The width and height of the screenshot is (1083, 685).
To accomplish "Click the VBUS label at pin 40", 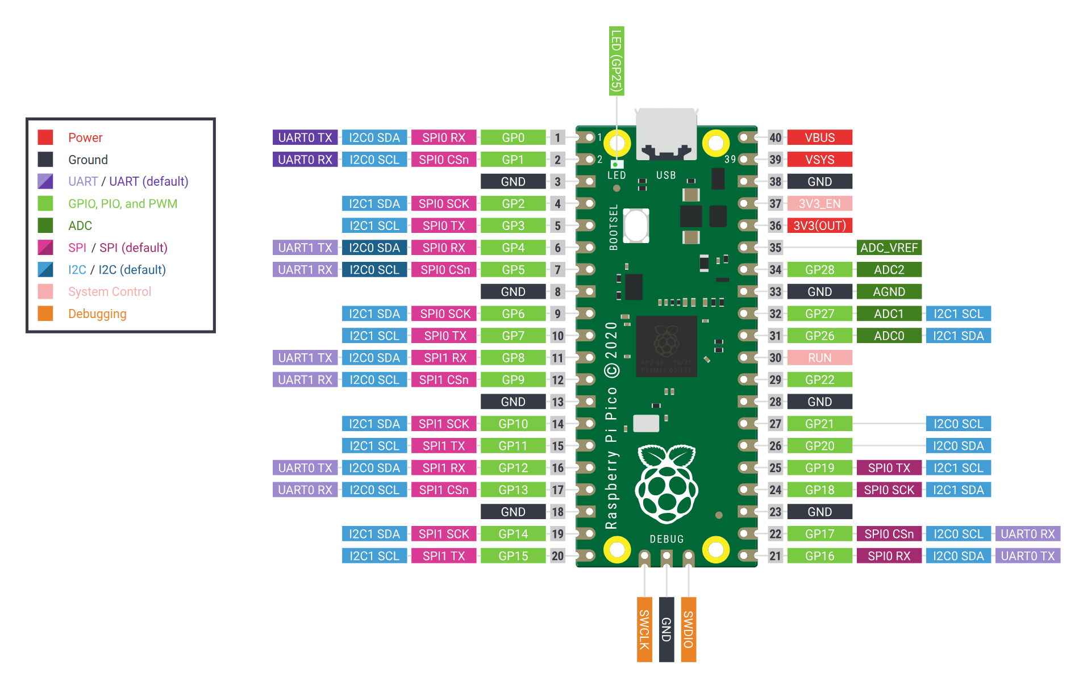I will [x=819, y=137].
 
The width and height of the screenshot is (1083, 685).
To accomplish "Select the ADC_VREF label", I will [x=889, y=248].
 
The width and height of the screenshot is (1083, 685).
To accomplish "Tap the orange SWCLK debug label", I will [x=644, y=629].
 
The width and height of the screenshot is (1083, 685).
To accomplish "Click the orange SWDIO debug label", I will [x=688, y=629].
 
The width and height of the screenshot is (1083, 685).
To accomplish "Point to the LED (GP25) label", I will [x=617, y=61].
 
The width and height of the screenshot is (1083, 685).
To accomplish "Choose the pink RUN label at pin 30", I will [x=819, y=358].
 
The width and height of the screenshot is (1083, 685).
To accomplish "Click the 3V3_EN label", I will [x=819, y=203].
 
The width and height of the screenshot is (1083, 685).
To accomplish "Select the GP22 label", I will [x=819, y=379].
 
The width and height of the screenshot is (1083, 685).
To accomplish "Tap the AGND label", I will [x=889, y=291].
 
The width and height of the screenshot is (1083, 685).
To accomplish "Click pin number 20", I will [x=557, y=556].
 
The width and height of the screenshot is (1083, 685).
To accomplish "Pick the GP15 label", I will [x=513, y=556].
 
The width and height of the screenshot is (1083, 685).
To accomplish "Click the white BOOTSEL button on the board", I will [x=636, y=225].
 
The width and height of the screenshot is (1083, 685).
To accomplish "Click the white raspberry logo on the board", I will [x=667, y=484].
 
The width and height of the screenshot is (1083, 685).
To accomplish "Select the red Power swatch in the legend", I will [x=45, y=137].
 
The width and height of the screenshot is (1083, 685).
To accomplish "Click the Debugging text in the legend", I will [x=97, y=314].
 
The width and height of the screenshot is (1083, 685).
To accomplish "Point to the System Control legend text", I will [x=110, y=291].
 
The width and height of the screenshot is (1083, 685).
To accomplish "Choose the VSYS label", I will [x=819, y=160].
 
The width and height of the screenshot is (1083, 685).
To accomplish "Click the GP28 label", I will [x=819, y=270].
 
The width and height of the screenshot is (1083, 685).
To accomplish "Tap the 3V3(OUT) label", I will [x=819, y=225].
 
